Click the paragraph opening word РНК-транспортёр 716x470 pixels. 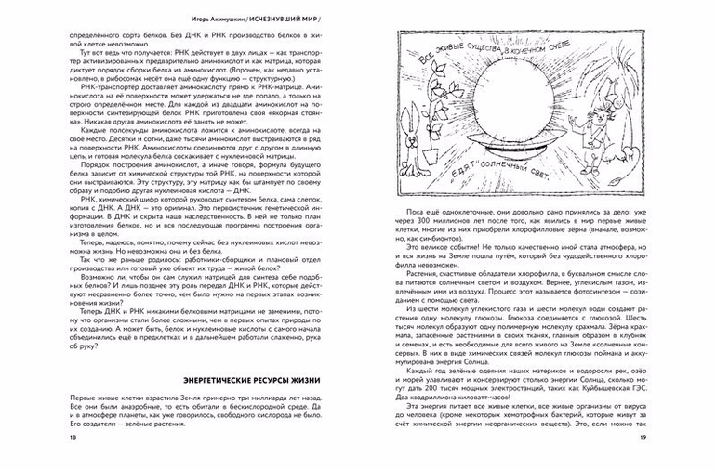click(x=88, y=82)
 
